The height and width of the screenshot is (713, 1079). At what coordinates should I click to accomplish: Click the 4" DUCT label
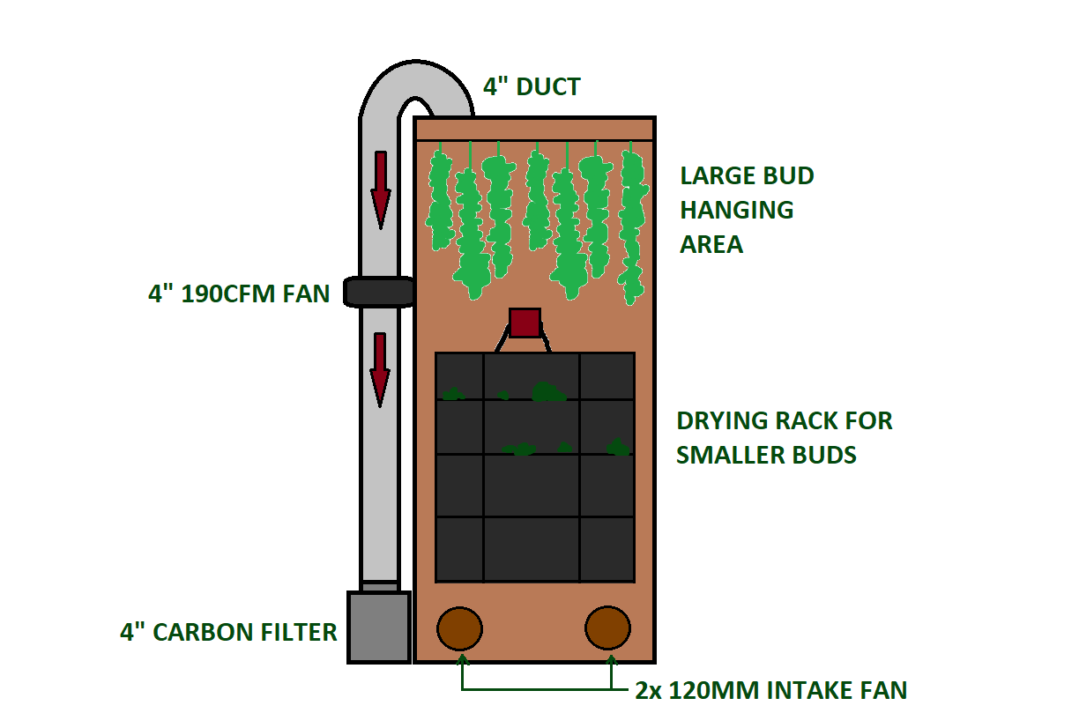coord(532,87)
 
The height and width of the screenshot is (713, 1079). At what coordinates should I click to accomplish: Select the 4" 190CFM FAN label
coord(239,293)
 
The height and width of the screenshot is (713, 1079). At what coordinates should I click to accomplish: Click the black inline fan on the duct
coord(378,292)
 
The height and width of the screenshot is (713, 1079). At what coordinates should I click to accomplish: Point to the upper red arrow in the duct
coord(381,190)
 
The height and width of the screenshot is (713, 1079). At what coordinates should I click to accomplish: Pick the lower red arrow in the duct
coord(380,370)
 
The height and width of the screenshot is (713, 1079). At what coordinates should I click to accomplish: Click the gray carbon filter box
coord(379,628)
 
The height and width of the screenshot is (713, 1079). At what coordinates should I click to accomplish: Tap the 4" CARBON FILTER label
coord(228,633)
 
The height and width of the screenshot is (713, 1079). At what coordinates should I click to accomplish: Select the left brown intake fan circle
coord(459,628)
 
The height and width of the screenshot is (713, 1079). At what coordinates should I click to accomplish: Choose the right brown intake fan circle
coord(607,628)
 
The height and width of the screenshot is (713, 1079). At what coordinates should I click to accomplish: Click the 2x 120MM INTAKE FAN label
coord(771,690)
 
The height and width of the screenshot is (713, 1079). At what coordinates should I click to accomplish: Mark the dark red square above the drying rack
coord(525,323)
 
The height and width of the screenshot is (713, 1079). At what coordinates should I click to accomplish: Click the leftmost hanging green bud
coord(439,200)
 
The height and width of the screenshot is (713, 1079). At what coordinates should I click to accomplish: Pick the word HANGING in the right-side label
coord(737,211)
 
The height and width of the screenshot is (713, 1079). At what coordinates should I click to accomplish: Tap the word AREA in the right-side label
coord(711,245)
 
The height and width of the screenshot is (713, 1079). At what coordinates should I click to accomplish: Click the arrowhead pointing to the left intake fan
coord(463,658)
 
